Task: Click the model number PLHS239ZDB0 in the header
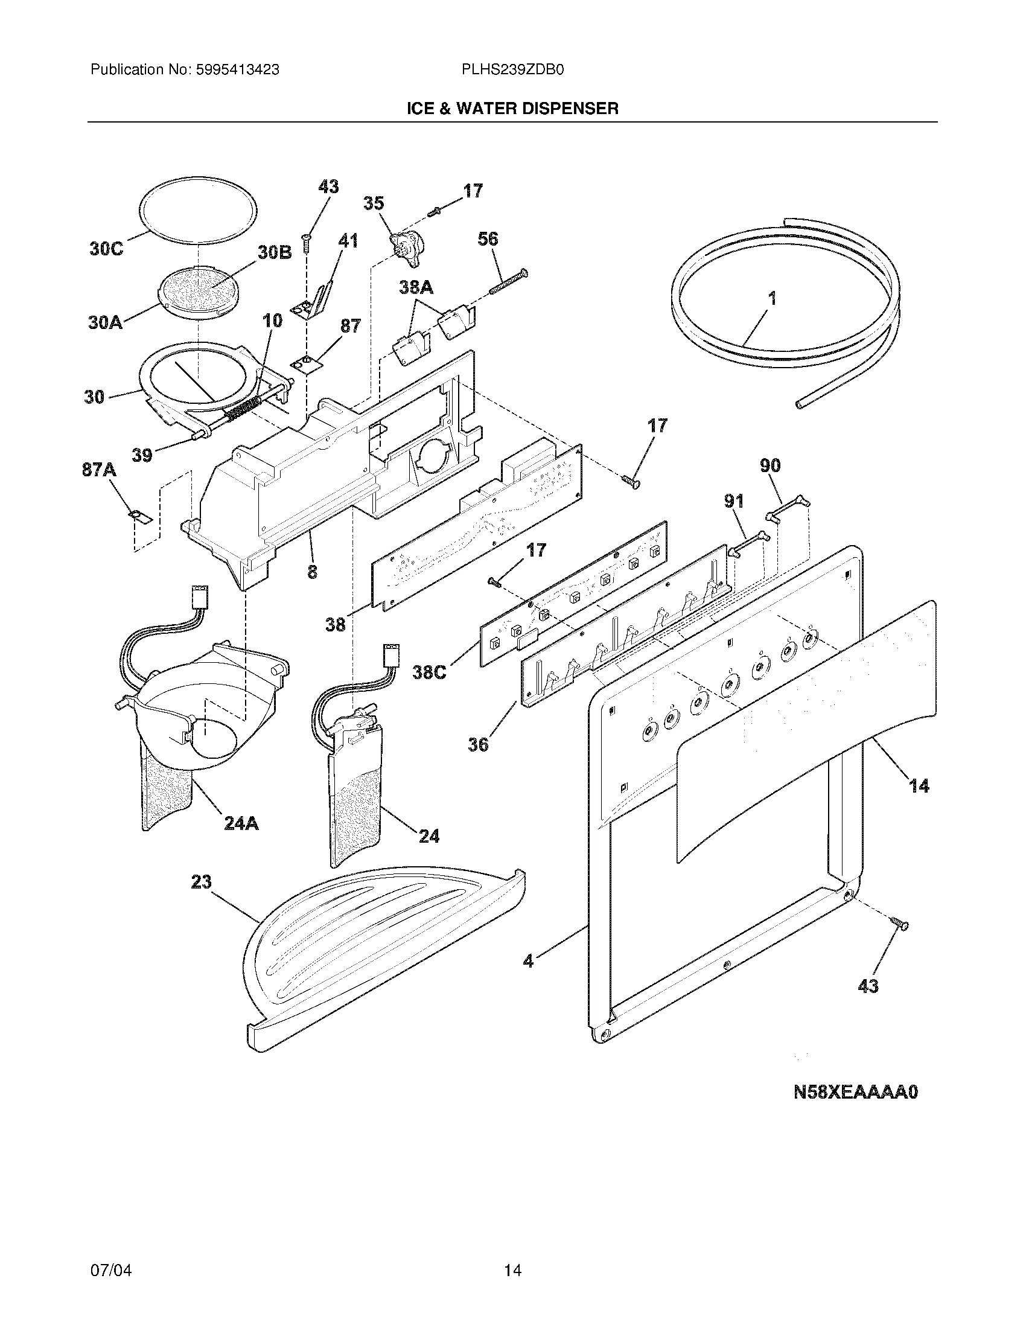[513, 70]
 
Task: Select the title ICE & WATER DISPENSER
[512, 108]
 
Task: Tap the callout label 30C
[106, 249]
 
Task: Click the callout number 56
[488, 238]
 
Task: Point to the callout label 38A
[416, 287]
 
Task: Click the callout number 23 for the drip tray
[201, 881]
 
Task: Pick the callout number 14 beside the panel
[919, 786]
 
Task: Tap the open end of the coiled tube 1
[800, 404]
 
